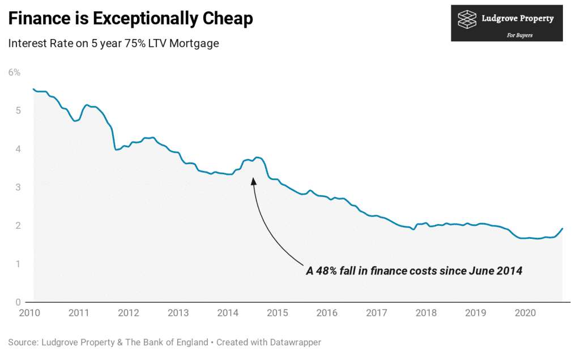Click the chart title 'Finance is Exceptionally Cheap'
(x=130, y=19)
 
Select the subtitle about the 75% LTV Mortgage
(x=113, y=44)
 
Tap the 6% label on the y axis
(x=14, y=72)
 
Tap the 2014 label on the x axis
(x=228, y=312)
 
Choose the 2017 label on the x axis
(x=377, y=312)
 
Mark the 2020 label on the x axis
(x=526, y=312)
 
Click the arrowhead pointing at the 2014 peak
(x=253, y=181)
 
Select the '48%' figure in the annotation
(x=327, y=271)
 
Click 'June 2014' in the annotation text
(x=495, y=271)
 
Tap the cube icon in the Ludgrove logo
(x=468, y=19)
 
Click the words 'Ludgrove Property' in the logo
(x=517, y=19)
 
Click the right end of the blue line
(x=562, y=229)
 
